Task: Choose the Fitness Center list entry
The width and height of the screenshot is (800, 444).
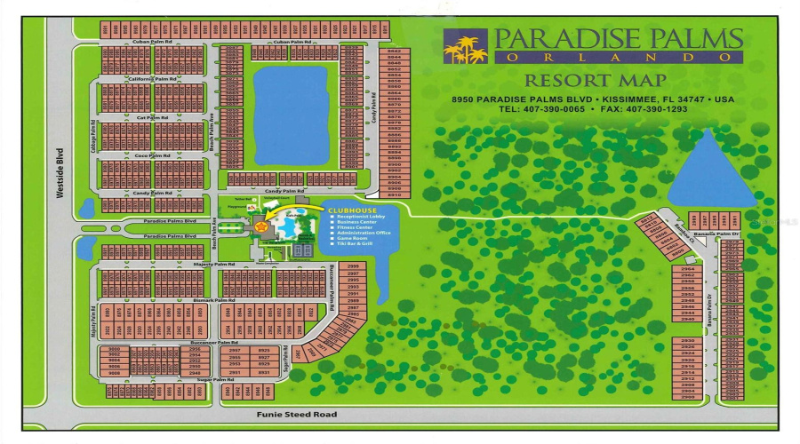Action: click(361, 226)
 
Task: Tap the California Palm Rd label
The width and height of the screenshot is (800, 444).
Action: click(152, 79)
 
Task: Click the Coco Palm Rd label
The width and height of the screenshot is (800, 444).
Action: click(152, 155)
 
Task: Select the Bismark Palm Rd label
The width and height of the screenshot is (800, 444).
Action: click(212, 301)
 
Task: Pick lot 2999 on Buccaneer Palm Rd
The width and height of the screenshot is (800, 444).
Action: click(352, 266)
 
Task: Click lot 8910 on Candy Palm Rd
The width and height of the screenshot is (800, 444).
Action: click(394, 194)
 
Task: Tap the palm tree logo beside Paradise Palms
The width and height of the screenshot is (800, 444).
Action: click(466, 49)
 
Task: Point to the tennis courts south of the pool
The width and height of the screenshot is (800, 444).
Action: click(302, 250)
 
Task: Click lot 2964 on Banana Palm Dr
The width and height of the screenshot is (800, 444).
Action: click(687, 268)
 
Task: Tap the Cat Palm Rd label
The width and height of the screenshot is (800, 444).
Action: click(152, 117)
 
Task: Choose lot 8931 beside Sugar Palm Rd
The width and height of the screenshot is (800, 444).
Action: click(264, 372)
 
